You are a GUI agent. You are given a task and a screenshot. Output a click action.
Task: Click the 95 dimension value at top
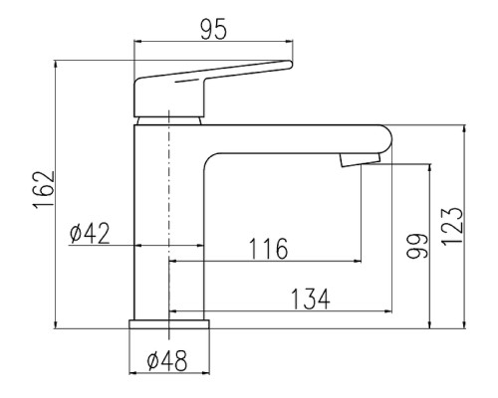click(x=214, y=29)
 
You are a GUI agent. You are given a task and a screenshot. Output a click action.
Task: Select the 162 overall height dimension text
click(x=44, y=189)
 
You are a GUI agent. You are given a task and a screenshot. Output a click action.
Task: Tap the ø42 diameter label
click(x=90, y=233)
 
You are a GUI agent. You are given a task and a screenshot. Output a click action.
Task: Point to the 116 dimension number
click(x=268, y=249)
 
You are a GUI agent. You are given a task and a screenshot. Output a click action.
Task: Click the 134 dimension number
click(x=311, y=298)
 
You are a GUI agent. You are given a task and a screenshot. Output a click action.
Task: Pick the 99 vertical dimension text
click(x=417, y=246)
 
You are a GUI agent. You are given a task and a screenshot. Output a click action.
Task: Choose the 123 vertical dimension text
click(x=452, y=227)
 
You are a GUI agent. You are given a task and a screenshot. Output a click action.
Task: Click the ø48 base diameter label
click(x=167, y=360)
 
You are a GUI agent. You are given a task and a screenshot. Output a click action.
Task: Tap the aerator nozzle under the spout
click(x=360, y=160)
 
